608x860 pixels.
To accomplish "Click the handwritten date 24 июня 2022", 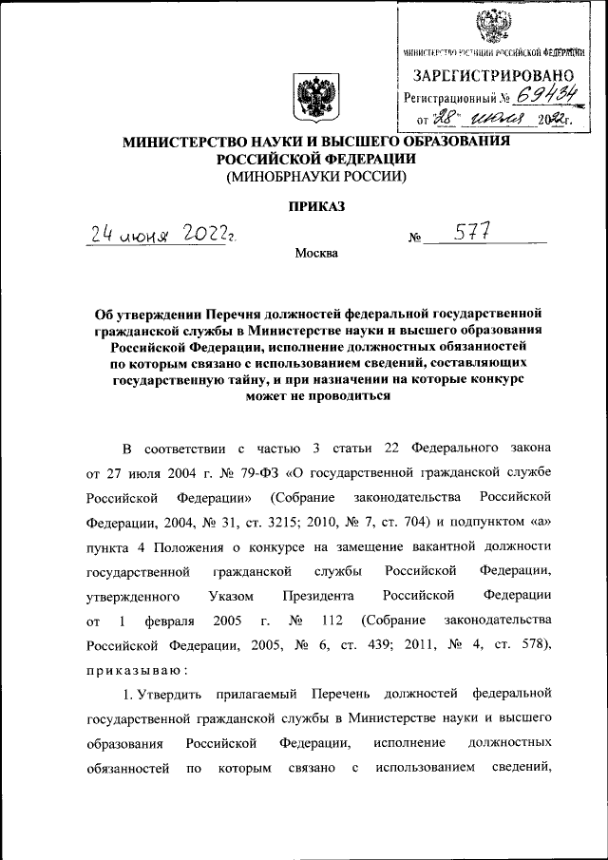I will (162, 234).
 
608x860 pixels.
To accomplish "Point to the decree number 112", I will (334, 621).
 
